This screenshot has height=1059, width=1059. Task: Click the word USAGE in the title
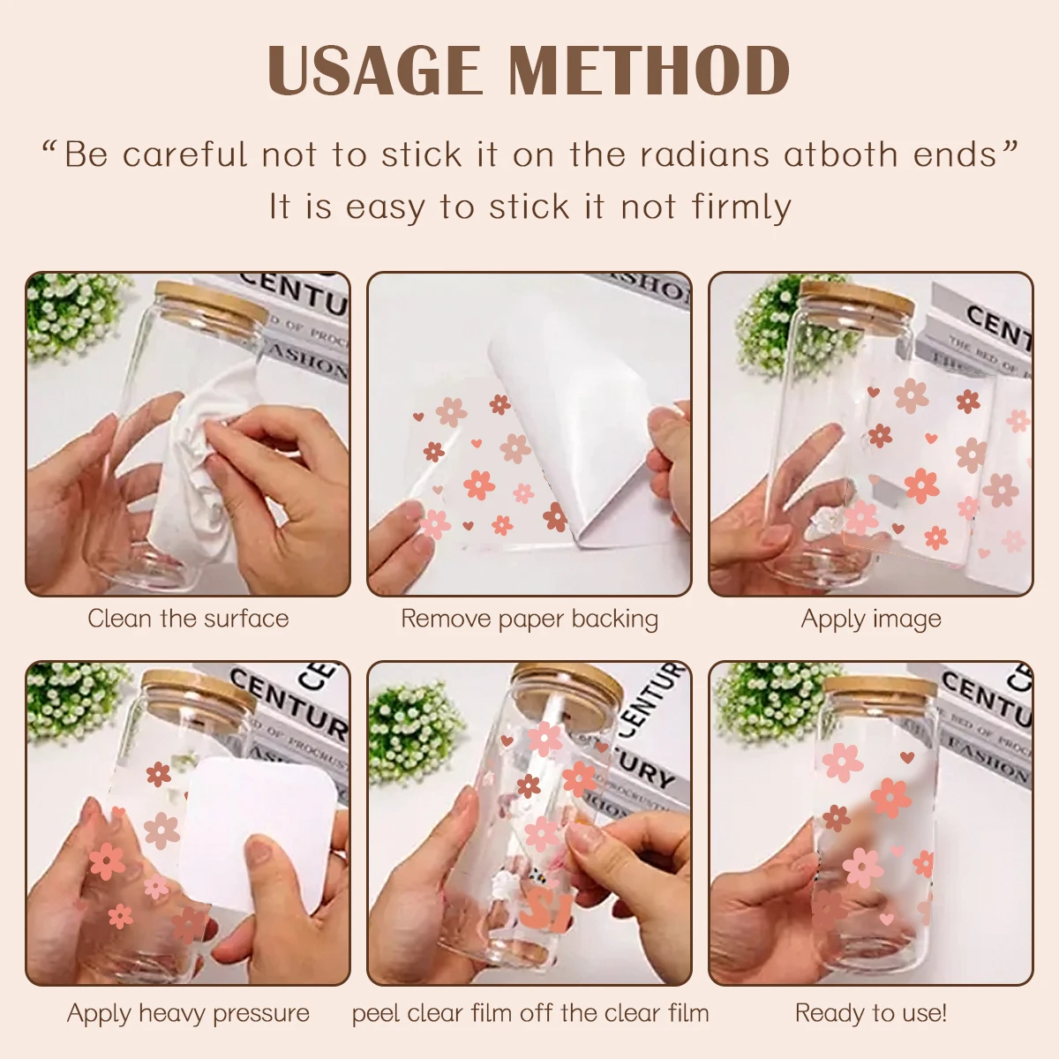click(x=374, y=71)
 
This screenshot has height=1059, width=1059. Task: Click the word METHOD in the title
click(x=649, y=71)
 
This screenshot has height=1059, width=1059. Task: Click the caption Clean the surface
click(x=188, y=619)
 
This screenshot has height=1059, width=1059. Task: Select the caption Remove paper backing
click(x=529, y=619)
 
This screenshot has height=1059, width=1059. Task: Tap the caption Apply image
click(x=871, y=619)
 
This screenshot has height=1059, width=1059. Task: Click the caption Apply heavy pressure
click(x=188, y=1013)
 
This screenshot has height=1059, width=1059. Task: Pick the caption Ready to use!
click(x=871, y=1013)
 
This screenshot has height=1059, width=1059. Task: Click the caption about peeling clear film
click(x=529, y=1013)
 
